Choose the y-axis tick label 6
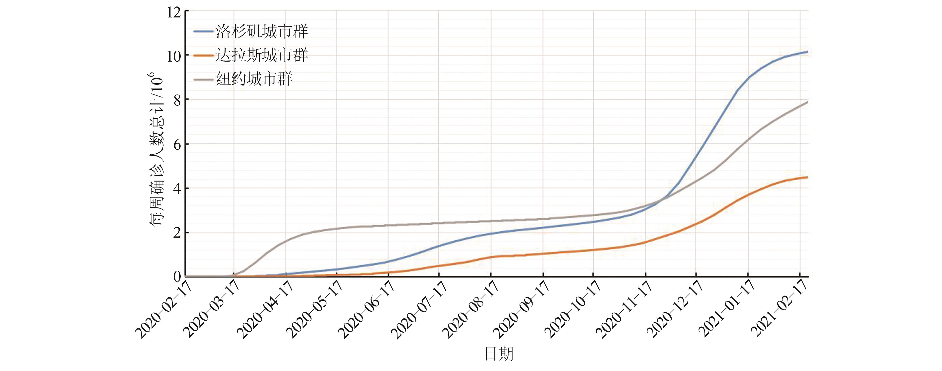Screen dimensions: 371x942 [x=177, y=145]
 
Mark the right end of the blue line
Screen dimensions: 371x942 [x=807, y=52]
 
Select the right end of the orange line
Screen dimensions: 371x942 [x=807, y=177]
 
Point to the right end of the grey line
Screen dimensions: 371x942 [x=807, y=102]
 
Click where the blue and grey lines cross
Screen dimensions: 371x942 [x=663, y=199]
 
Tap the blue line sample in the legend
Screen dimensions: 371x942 [x=203, y=32]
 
